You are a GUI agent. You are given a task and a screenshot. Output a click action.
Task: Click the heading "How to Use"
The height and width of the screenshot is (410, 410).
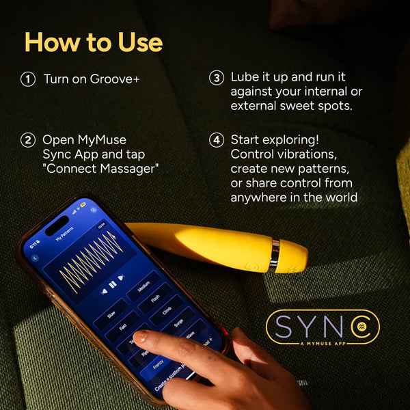point(94,42)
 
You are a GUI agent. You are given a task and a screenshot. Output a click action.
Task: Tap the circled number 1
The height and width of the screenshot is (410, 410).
point(28,79)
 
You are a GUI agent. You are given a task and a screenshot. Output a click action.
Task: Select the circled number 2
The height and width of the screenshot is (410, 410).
point(28,140)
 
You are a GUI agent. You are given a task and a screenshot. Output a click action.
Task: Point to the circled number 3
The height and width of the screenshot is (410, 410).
point(216,78)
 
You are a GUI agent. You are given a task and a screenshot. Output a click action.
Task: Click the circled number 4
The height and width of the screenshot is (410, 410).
point(216,140)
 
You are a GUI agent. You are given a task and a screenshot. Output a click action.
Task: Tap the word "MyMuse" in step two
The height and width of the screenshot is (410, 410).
point(102,140)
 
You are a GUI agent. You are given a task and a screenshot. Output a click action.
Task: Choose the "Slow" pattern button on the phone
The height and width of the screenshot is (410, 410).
point(111,316)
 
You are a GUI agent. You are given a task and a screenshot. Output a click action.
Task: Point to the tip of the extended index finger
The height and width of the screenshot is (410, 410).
point(139,336)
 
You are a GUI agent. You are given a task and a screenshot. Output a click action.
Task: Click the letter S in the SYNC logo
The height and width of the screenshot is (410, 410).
point(282,327)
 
